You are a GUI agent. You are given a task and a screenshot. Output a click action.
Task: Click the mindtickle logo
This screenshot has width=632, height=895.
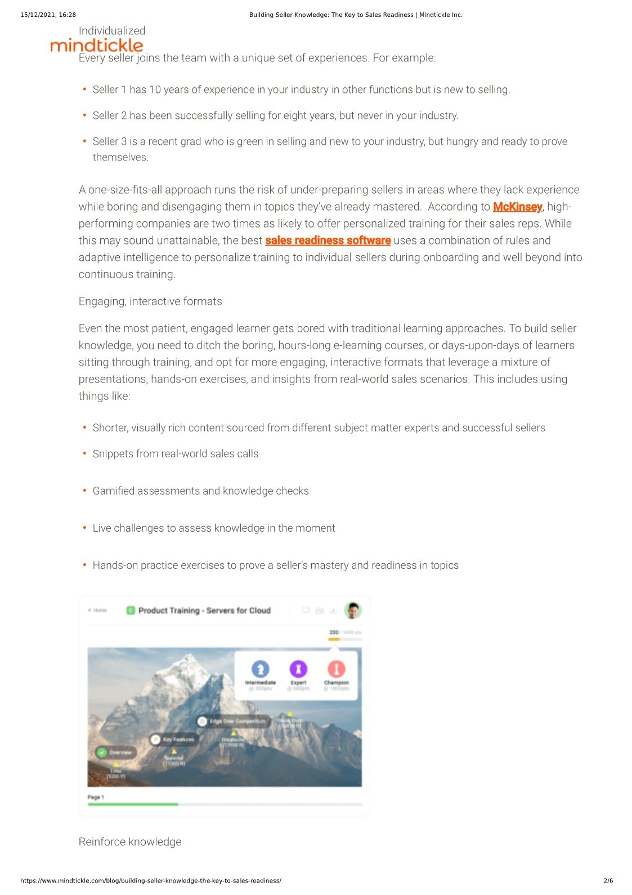pos(97,45)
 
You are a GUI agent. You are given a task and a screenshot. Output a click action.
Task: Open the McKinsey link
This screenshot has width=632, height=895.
pos(517,207)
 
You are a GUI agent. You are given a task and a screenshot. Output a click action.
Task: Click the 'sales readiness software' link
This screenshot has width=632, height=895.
pos(328,241)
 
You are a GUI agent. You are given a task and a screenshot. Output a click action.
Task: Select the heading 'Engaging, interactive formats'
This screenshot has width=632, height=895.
pos(150,301)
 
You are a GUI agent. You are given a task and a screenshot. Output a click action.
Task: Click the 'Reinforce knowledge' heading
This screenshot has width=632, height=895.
pos(130,841)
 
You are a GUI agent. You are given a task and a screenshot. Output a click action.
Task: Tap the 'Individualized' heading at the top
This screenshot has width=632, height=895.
pos(112,31)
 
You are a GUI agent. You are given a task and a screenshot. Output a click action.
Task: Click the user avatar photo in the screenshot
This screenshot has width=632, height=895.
pos(353,610)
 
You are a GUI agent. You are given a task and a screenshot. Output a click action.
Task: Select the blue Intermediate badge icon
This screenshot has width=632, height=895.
pos(260,669)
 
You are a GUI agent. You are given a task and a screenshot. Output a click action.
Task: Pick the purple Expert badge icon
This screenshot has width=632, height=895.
pos(298,669)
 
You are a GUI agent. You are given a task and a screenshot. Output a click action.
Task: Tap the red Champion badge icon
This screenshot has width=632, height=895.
pos(336,669)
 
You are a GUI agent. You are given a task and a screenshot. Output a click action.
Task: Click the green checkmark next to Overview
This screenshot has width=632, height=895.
pos(102,752)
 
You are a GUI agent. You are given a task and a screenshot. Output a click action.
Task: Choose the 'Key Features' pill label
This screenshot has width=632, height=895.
pos(178,739)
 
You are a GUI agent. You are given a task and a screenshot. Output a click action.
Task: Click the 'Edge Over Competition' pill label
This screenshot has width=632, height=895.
pos(236,721)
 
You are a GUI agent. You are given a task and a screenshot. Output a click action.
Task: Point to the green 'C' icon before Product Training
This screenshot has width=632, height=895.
pos(131,611)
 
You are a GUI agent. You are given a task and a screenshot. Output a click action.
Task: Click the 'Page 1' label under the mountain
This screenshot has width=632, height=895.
pos(96,797)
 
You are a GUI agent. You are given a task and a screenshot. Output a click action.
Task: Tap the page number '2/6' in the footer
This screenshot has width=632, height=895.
pos(608,880)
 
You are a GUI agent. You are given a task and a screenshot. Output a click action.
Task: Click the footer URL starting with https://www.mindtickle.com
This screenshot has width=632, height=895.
pos(151,880)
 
